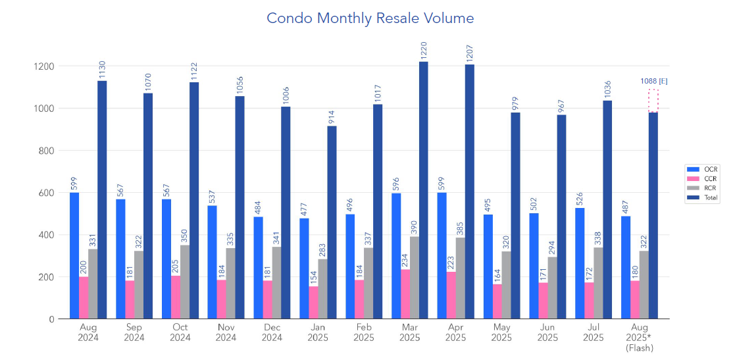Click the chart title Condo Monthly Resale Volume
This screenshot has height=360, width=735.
pyautogui.click(x=370, y=18)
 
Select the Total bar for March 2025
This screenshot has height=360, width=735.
pyautogui.click(x=423, y=191)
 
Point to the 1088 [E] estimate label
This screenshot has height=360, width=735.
pyautogui.click(x=654, y=81)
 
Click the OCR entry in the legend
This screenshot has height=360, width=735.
pyautogui.click(x=702, y=168)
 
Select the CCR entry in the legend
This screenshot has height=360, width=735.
pyautogui.click(x=702, y=178)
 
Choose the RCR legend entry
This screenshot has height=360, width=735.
pyautogui.click(x=702, y=188)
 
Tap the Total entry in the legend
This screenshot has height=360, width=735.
pyautogui.click(x=702, y=197)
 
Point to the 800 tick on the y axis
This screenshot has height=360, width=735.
pyautogui.click(x=45, y=151)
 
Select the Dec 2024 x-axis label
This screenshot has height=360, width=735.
pyautogui.click(x=272, y=332)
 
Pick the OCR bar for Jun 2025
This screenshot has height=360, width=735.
pyautogui.click(x=534, y=266)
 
